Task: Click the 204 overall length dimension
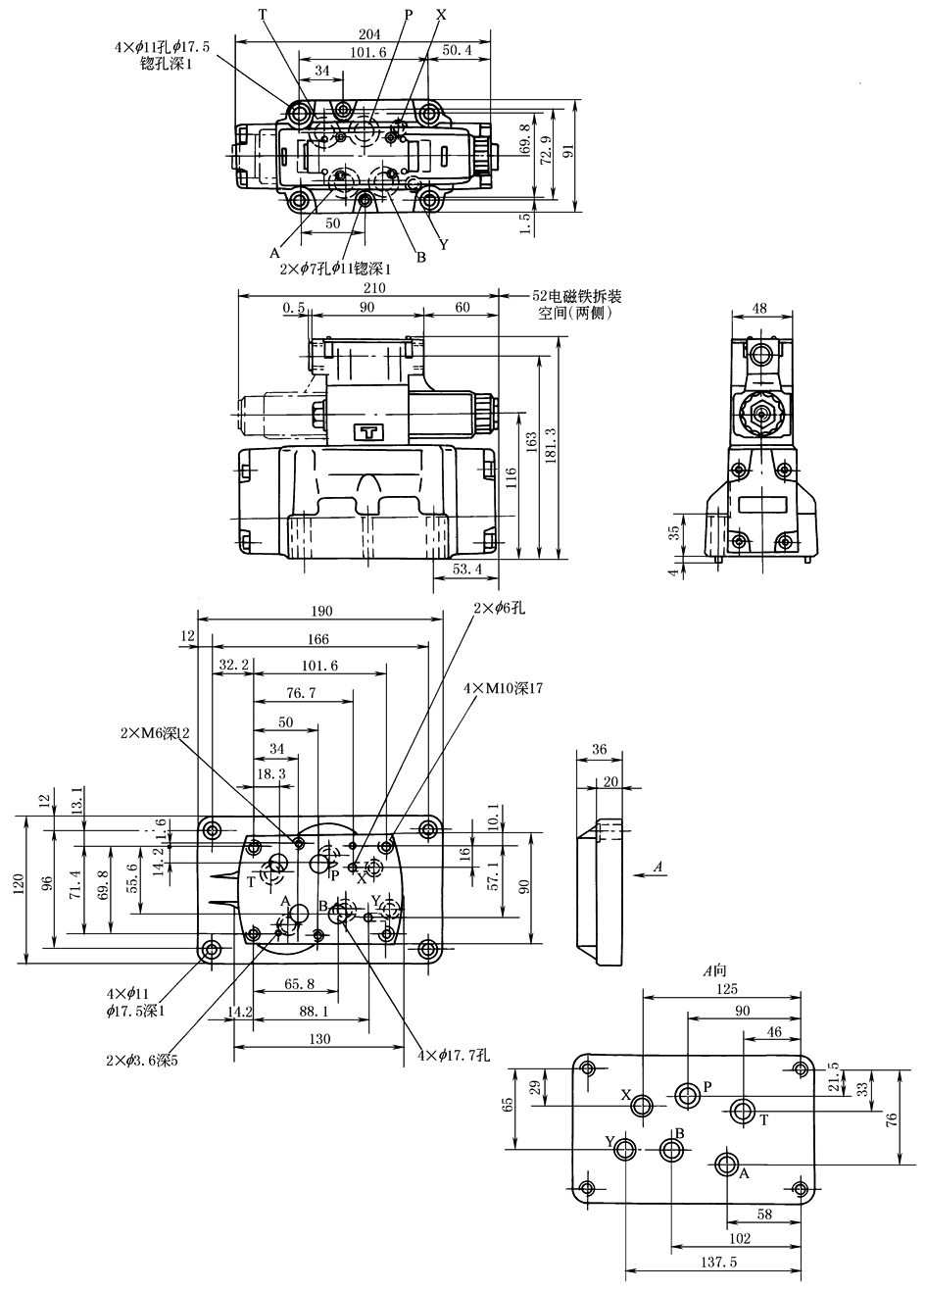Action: [368, 34]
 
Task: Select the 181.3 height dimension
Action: [550, 447]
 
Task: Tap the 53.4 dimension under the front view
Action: [466, 570]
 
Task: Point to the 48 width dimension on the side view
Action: [759, 308]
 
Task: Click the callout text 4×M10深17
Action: [504, 688]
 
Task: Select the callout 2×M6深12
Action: [155, 733]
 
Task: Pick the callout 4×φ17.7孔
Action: [454, 1056]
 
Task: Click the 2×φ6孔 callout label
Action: [500, 609]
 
